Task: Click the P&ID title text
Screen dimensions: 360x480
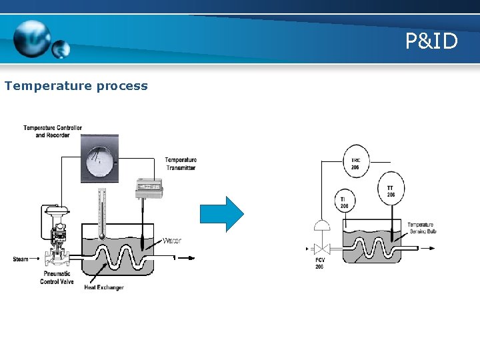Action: [x=431, y=42]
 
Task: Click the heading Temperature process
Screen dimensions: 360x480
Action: [x=76, y=86]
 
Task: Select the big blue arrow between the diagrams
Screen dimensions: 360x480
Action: [x=223, y=213]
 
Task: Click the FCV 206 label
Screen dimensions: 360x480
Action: [x=319, y=263]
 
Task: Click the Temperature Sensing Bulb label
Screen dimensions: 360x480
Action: [x=421, y=228]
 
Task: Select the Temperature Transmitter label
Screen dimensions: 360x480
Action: [x=181, y=163]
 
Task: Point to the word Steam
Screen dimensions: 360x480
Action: [x=21, y=259]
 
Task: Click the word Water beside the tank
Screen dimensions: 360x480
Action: [x=171, y=241]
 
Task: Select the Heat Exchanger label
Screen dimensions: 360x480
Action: [x=104, y=287]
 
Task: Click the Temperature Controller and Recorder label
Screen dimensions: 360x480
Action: [x=53, y=131]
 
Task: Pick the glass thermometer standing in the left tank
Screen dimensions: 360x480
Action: [x=101, y=213]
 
